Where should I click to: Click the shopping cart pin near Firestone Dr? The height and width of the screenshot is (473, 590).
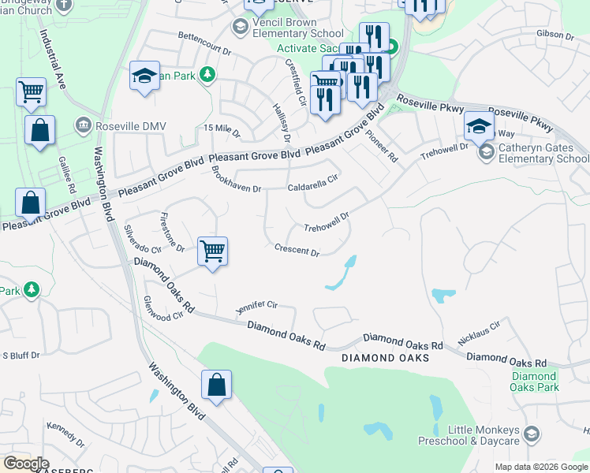pos(212,252)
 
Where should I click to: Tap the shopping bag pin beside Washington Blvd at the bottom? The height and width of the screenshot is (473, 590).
pos(216,385)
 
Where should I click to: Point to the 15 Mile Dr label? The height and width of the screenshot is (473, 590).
pos(222,128)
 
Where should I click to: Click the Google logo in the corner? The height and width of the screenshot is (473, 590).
pos(27,464)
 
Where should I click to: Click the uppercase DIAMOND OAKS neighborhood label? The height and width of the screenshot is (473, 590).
pos(386,358)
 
